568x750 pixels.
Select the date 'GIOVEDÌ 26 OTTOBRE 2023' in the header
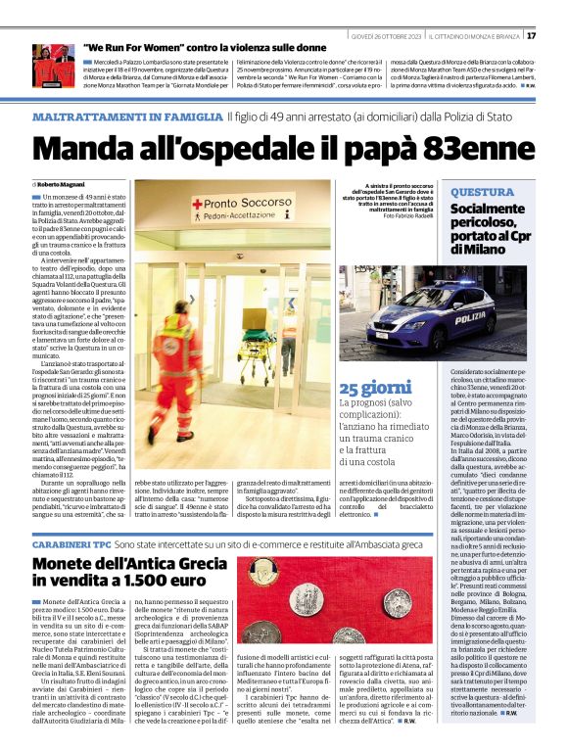coord(387,35)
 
